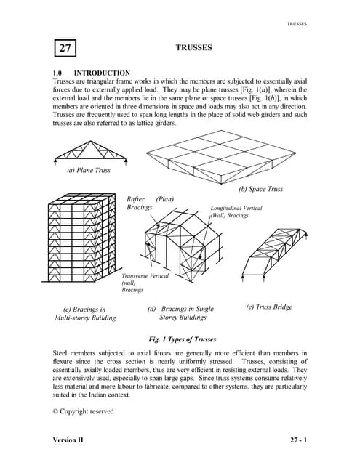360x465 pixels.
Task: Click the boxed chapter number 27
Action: [x=65, y=49]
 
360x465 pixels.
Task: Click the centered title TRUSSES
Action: [x=193, y=47]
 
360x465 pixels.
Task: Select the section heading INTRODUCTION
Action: [x=102, y=73]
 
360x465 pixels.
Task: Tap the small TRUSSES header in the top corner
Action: [x=297, y=23]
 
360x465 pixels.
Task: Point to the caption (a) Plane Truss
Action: [x=89, y=170]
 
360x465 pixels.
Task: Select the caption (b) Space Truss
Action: [x=260, y=189]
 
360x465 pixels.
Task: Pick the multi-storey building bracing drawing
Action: [x=81, y=245]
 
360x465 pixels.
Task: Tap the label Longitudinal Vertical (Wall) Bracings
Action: [x=239, y=211]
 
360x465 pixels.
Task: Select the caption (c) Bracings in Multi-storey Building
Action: [x=84, y=314]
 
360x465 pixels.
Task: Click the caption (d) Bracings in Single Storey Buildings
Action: [x=182, y=313]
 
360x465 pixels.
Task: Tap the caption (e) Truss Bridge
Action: [x=268, y=307]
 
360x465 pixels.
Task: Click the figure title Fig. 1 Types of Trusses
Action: [x=182, y=339]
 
